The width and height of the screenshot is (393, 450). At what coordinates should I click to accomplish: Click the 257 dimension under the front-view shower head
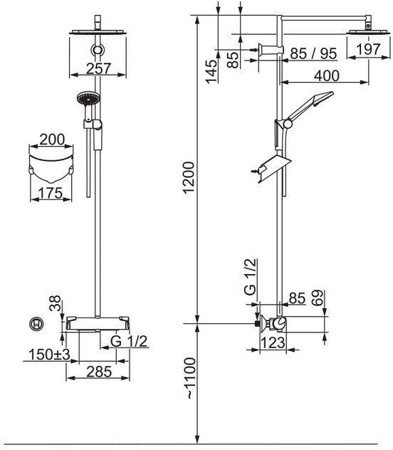click(x=98, y=68)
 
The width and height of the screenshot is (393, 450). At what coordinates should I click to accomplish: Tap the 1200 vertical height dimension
click(x=189, y=177)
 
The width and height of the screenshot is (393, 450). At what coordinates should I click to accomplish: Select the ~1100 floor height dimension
click(x=189, y=378)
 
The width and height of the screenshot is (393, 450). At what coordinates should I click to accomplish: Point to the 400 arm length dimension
click(x=327, y=75)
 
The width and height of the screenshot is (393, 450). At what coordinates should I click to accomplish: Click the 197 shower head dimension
click(x=368, y=49)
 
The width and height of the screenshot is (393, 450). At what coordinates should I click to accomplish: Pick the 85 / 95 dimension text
click(x=313, y=53)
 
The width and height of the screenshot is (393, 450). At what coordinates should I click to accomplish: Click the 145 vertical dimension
click(x=211, y=71)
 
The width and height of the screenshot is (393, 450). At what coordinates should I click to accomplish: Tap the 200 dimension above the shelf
click(x=52, y=140)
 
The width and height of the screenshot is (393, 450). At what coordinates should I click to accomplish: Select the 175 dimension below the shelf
click(x=51, y=193)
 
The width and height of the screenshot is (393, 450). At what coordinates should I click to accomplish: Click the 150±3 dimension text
click(x=49, y=355)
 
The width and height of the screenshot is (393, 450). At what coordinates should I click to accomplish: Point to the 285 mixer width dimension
click(x=99, y=372)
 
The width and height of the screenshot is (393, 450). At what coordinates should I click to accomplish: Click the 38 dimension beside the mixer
click(x=55, y=303)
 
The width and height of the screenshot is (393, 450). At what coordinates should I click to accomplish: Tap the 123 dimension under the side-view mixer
click(x=273, y=342)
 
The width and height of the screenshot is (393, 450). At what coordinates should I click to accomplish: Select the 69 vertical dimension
click(x=317, y=298)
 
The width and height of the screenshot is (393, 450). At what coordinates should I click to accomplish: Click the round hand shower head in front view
click(x=88, y=99)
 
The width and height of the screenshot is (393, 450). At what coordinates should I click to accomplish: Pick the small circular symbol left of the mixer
click(x=36, y=324)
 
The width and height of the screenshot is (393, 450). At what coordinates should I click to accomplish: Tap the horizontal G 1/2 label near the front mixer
click(x=129, y=342)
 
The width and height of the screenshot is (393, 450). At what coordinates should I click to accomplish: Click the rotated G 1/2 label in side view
click(x=250, y=277)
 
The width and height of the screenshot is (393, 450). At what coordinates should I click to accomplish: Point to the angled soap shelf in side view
click(x=274, y=168)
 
